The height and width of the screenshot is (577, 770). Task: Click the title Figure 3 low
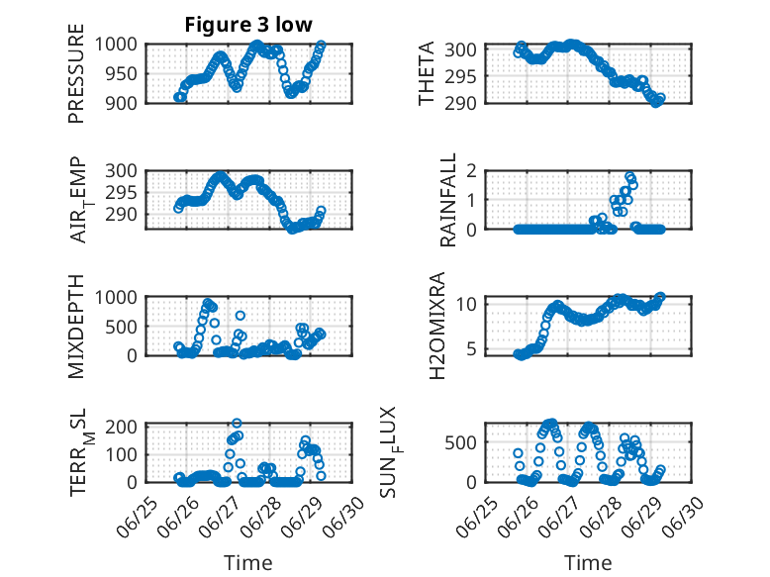click(x=248, y=25)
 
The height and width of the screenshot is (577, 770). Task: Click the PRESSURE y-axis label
click(x=76, y=73)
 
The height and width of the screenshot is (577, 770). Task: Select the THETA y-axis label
click(x=427, y=73)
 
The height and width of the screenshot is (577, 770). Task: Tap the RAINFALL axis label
click(x=448, y=200)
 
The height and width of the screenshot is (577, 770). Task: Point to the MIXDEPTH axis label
click(x=76, y=327)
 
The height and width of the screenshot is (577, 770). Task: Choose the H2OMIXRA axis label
click(x=437, y=326)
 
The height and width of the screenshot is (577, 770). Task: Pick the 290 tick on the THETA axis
click(x=460, y=103)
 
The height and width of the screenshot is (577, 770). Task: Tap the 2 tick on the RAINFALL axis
click(x=471, y=171)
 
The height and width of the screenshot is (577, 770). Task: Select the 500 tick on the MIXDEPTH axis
click(x=122, y=327)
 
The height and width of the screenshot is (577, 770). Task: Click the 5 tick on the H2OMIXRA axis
click(x=471, y=349)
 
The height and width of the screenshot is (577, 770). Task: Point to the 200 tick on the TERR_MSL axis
click(x=122, y=426)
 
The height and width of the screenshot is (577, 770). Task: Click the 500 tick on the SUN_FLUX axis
click(x=460, y=443)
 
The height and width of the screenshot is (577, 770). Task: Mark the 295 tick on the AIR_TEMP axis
click(x=122, y=192)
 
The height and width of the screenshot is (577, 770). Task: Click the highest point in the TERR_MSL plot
click(x=237, y=423)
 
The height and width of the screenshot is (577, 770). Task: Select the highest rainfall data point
click(x=629, y=177)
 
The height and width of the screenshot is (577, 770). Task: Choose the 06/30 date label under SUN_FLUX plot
click(x=684, y=517)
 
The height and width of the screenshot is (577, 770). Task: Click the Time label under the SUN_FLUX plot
click(x=588, y=562)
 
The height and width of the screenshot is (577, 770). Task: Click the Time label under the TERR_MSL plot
click(x=248, y=562)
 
